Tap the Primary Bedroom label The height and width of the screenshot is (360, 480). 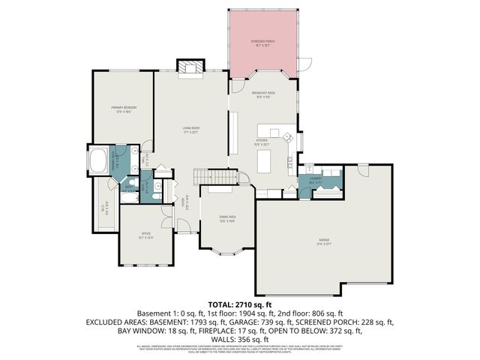tap(123, 109)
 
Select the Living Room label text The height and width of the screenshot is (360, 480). tap(190, 130)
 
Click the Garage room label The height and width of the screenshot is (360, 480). tap(323, 241)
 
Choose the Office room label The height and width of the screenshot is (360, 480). tap(146, 235)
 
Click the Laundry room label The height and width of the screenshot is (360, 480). tap(316, 180)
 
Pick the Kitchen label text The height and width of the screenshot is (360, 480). tap(262, 141)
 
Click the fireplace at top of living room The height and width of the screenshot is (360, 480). tap(189, 67)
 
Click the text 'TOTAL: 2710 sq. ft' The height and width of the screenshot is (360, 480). tap(239, 304)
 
